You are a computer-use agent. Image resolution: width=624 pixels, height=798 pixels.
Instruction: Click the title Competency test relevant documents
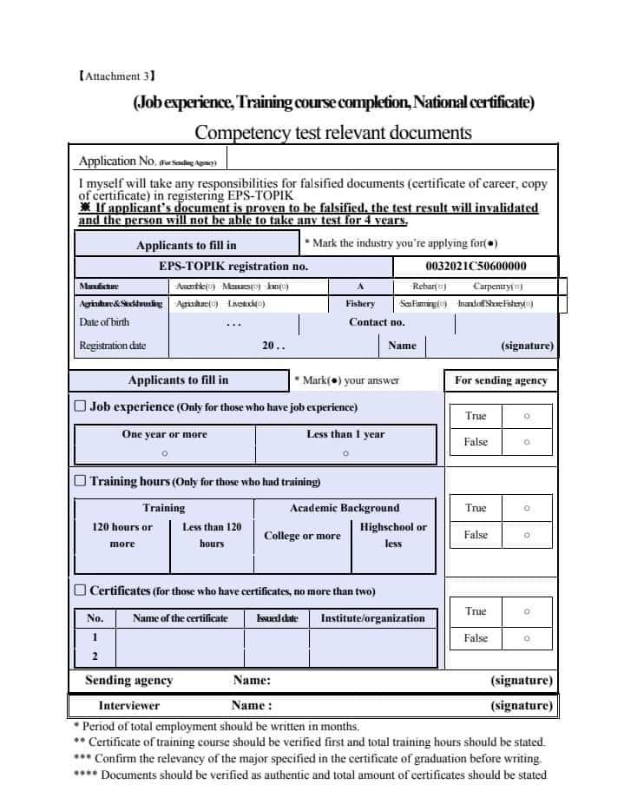coord(333,132)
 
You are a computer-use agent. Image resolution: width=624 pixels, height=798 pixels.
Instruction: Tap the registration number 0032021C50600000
coord(476,267)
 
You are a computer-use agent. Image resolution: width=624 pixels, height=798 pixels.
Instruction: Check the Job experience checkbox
coord(80,406)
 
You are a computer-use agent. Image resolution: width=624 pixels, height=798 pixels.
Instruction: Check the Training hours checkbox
coord(80,480)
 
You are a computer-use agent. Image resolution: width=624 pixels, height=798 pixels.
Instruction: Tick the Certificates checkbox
coord(80,590)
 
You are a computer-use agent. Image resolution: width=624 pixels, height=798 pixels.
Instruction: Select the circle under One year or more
coord(164,453)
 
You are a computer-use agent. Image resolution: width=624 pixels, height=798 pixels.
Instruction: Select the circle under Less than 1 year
coord(345,453)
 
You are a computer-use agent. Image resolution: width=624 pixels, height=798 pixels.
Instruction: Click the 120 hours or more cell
coord(122,535)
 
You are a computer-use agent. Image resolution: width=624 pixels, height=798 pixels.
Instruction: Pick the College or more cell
coord(302,536)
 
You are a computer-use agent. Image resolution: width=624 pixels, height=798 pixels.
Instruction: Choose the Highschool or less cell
coord(393,535)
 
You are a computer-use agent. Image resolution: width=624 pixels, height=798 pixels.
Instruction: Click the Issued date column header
coord(277,618)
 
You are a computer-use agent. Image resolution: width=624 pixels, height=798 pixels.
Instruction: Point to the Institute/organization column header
coord(372,618)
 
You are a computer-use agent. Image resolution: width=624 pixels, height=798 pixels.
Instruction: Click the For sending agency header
coord(501,380)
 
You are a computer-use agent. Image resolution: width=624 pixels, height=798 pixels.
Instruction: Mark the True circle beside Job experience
coord(527,416)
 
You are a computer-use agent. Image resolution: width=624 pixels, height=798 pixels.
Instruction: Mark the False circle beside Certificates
coord(527,638)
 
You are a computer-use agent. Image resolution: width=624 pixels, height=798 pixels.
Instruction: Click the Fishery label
coord(360,304)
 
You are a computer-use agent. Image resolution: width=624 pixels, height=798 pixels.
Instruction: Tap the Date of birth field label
coord(105,322)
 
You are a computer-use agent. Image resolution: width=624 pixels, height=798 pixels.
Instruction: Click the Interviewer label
coord(128,705)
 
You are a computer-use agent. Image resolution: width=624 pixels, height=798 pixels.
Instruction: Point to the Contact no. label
coord(377,322)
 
